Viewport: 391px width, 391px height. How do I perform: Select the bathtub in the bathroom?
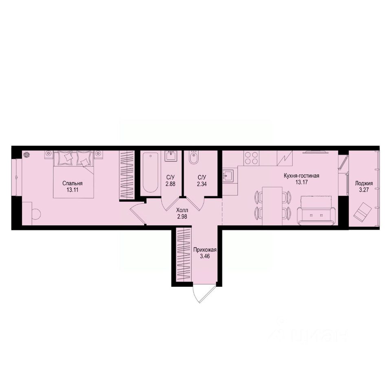point(150,173)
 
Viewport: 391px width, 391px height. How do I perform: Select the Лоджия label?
point(364,183)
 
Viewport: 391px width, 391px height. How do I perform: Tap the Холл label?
point(182,210)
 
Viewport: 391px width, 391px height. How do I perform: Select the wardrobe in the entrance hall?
point(184,255)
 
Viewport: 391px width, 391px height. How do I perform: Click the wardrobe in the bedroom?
point(126,176)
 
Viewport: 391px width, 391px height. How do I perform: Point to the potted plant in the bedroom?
point(27,154)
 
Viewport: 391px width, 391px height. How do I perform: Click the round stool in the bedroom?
point(35,214)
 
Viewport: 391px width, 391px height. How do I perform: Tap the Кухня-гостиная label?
point(301,176)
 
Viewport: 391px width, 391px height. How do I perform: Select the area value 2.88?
point(171,184)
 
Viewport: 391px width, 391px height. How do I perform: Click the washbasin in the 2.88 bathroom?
point(170,156)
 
